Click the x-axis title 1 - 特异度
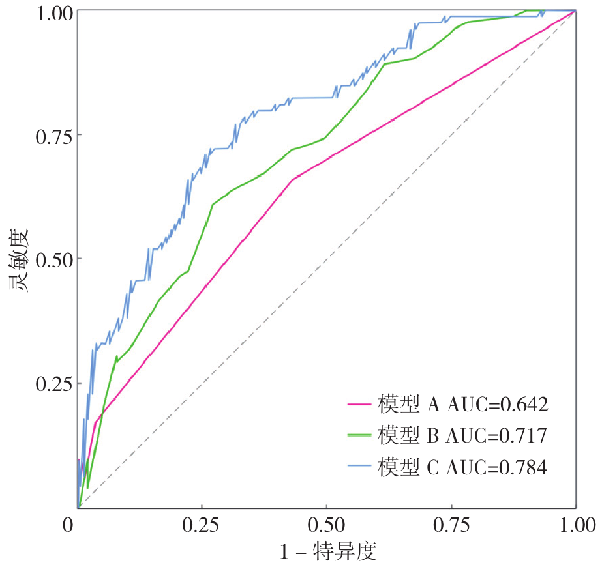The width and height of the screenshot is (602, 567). pyautogui.click(x=328, y=551)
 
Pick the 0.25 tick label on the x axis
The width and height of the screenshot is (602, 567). pyautogui.click(x=202, y=525)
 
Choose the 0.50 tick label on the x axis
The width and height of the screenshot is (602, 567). pyautogui.click(x=327, y=525)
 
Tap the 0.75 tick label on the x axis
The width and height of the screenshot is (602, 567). pyautogui.click(x=451, y=525)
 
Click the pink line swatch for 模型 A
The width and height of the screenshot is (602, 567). pyautogui.click(x=359, y=405)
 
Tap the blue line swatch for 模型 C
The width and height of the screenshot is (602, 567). pyautogui.click(x=359, y=467)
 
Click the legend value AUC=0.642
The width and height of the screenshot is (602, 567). pyautogui.click(x=497, y=405)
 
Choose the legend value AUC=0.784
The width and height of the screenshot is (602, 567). pyautogui.click(x=496, y=467)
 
